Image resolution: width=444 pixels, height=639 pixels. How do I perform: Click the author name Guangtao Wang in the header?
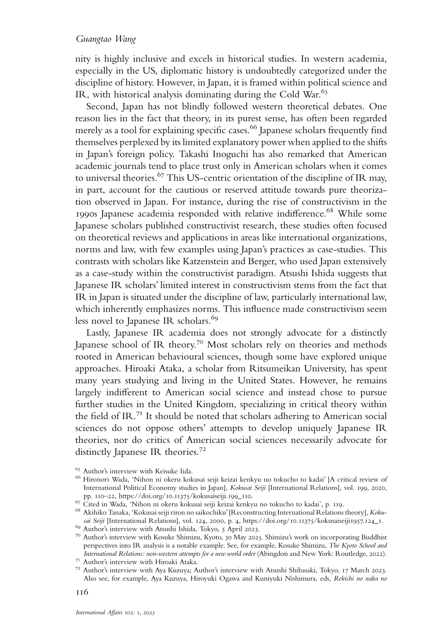coord(106,39)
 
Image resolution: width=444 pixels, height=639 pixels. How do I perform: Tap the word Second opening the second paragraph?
coord(102,106)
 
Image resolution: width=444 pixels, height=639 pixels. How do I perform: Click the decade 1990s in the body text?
coord(87,214)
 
